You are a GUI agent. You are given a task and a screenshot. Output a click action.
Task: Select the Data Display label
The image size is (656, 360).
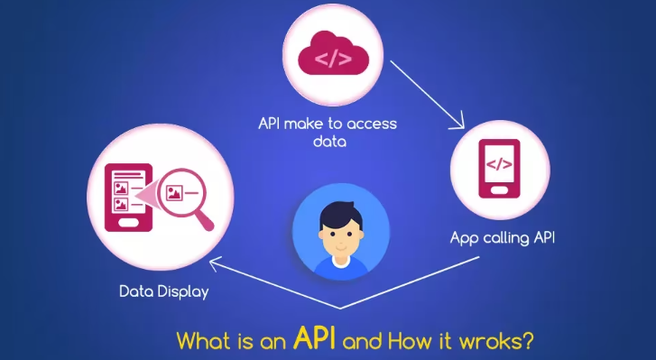pyautogui.click(x=162, y=292)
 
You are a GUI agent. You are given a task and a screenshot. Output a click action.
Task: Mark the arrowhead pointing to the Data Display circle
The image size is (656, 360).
pyautogui.click(x=214, y=263)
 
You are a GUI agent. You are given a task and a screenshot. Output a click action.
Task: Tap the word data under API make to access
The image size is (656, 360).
pyautogui.click(x=328, y=141)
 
